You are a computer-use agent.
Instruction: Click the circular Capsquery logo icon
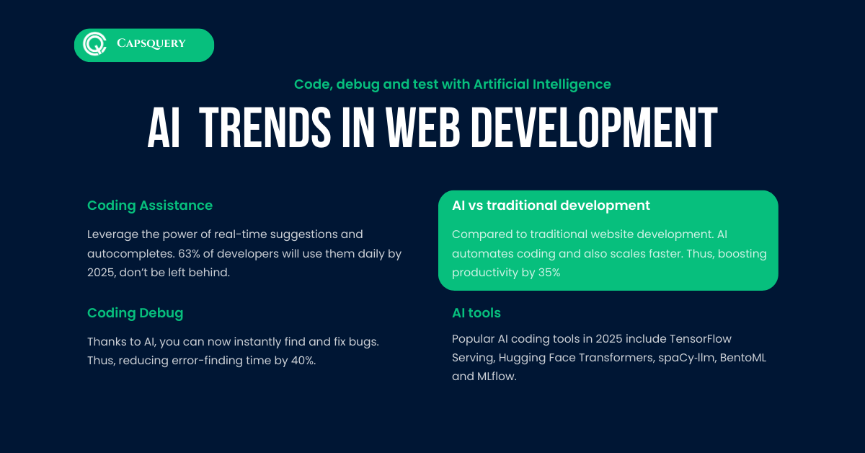tap(94, 44)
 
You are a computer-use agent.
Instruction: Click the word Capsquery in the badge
tap(151, 43)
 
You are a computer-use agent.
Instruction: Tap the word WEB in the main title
tap(422, 128)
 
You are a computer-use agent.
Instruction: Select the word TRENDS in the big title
tap(265, 128)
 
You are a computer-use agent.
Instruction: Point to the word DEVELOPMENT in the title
tap(594, 128)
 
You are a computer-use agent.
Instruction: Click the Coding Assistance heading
tap(150, 206)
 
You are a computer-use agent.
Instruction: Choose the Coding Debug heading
tap(136, 312)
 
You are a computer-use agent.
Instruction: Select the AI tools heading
tap(476, 312)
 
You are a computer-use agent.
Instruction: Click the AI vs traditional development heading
tap(551, 206)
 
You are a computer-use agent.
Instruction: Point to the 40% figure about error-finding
tap(303, 360)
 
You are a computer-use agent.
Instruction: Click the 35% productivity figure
tap(549, 273)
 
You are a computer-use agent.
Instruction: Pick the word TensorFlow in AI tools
tap(700, 338)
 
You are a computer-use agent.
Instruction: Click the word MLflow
tap(497, 376)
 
